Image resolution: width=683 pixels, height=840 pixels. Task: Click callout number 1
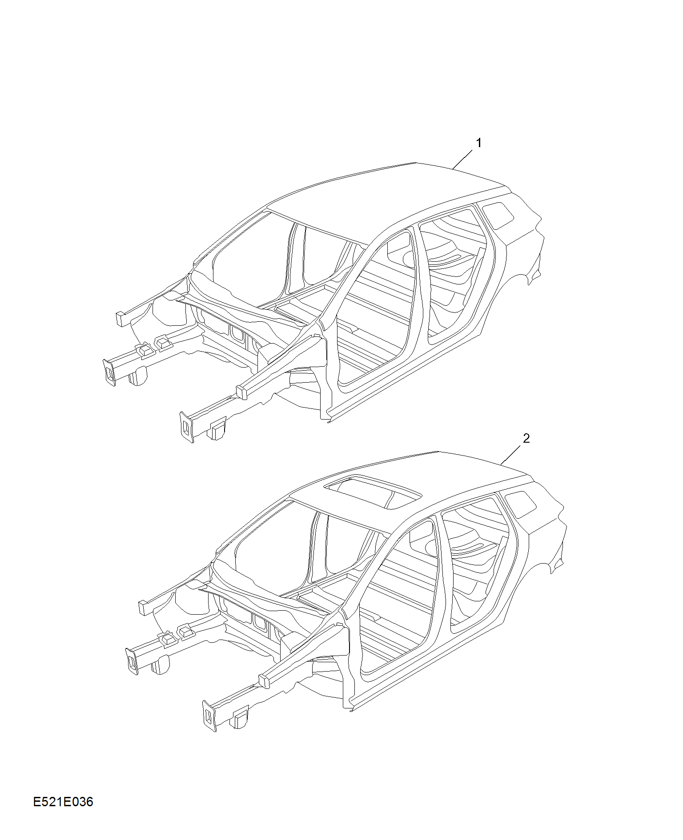click(479, 143)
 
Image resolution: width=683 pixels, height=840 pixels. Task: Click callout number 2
click(526, 439)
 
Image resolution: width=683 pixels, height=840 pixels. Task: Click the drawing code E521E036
click(63, 802)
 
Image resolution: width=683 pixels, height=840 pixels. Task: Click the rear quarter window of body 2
click(521, 504)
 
